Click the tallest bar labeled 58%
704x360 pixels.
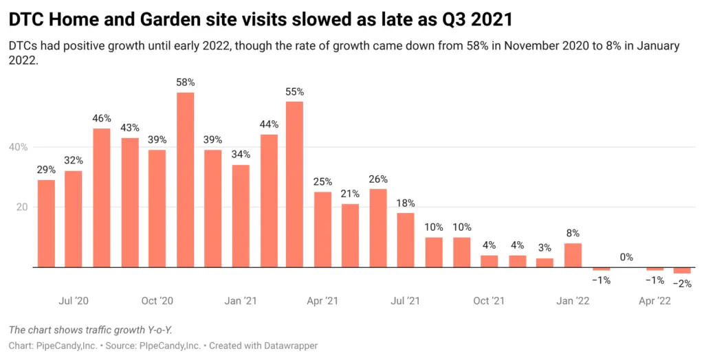(x=185, y=180)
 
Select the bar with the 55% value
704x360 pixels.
(x=294, y=184)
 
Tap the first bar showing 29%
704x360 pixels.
(x=46, y=223)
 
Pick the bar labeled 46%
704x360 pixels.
(x=102, y=198)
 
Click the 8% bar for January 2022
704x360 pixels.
(x=573, y=255)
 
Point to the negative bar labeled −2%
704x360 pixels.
(x=682, y=270)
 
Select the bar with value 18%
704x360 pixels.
(x=406, y=240)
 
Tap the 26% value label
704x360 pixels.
(x=378, y=179)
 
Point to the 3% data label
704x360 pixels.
(x=544, y=249)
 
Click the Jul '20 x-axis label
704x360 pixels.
(x=74, y=301)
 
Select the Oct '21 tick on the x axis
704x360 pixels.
(x=489, y=301)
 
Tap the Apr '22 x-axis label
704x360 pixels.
(x=654, y=301)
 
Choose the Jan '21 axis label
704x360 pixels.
(x=240, y=301)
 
